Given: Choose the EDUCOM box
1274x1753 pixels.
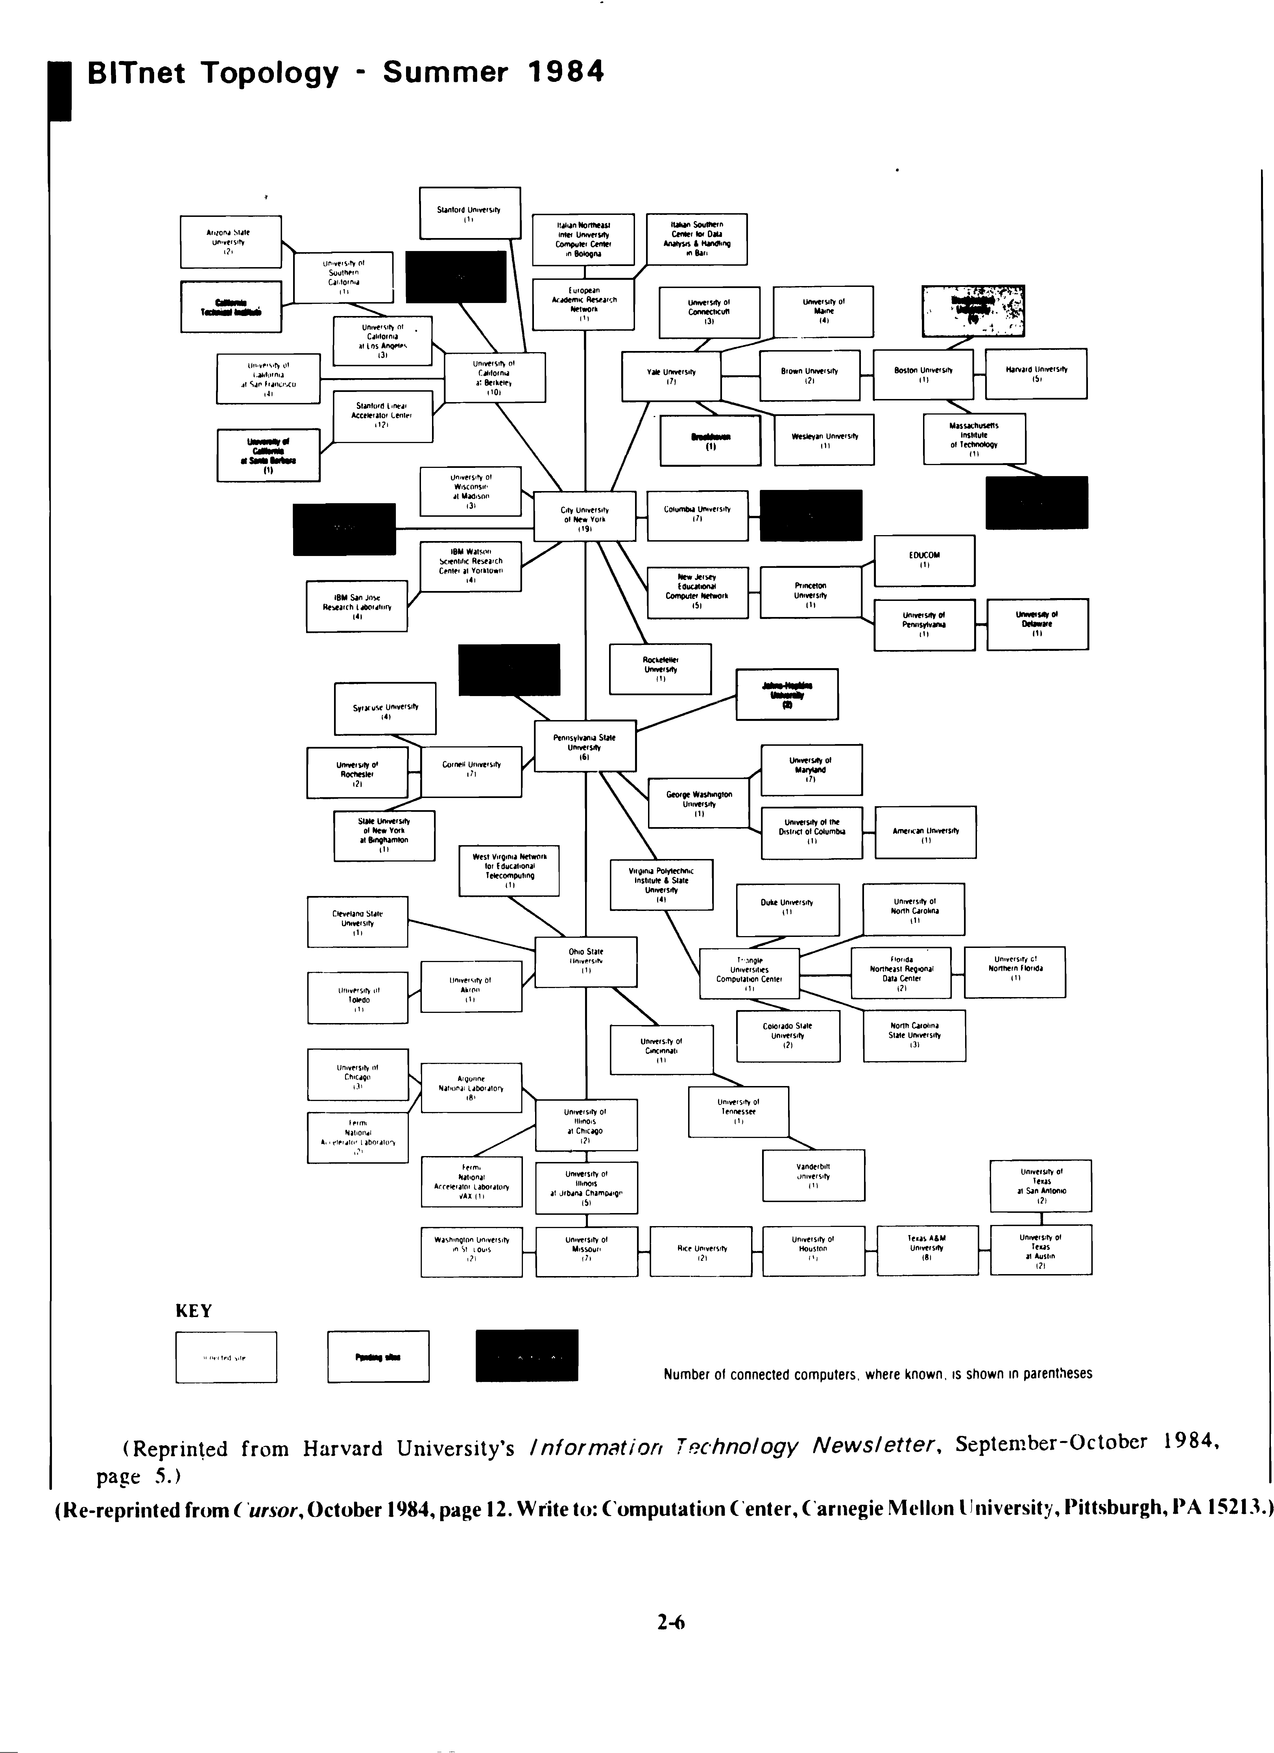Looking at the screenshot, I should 924,560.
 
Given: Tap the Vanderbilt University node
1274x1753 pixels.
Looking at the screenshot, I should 813,1175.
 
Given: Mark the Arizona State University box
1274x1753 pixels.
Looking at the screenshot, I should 230,241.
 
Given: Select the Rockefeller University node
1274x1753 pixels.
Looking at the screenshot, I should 659,669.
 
